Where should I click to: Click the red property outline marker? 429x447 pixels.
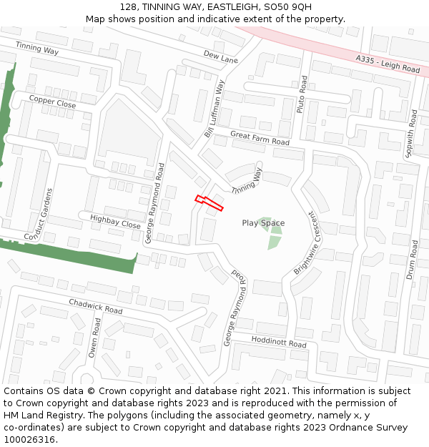coord(209,203)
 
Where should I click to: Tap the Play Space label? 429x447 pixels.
coord(263,223)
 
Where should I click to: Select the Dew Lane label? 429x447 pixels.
coord(220,57)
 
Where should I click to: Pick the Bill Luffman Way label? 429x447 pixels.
coord(215,108)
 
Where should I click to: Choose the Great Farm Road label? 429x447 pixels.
coord(260,137)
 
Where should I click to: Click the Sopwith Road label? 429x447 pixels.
coord(411,133)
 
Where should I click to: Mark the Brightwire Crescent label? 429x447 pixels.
coord(306,243)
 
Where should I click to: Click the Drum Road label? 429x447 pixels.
coord(413,260)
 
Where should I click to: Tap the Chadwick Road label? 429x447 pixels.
coord(95,306)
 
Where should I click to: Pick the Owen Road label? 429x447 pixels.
coord(94,338)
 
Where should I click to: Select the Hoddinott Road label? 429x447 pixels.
coord(278,343)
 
